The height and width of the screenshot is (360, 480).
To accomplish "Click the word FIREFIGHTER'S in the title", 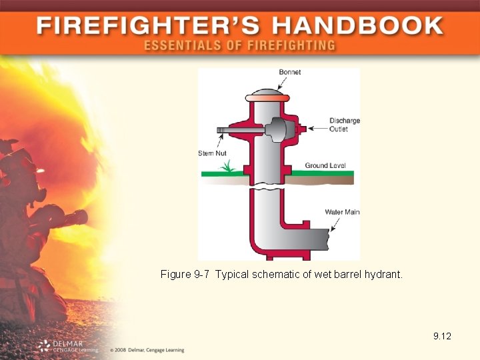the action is pyautogui.click(x=149, y=27).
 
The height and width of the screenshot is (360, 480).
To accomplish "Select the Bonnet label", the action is pyautogui.click(x=289, y=72).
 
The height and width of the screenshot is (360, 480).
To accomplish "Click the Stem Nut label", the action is pyautogui.click(x=212, y=153).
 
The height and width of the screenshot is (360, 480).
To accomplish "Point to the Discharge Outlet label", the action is pyautogui.click(x=344, y=125).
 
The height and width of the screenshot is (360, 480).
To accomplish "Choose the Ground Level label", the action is pyautogui.click(x=325, y=165).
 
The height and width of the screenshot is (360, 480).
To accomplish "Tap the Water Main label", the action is pyautogui.click(x=342, y=212).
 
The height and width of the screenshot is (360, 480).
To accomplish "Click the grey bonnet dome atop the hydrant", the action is pyautogui.click(x=267, y=91).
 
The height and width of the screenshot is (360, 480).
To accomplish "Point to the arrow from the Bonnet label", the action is pyautogui.click(x=281, y=83).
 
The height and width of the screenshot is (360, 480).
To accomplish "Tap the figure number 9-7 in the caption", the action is pyautogui.click(x=201, y=274).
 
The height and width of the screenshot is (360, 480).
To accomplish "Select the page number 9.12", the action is pyautogui.click(x=442, y=336).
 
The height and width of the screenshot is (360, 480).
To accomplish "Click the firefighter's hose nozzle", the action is pyautogui.click(x=77, y=217).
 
